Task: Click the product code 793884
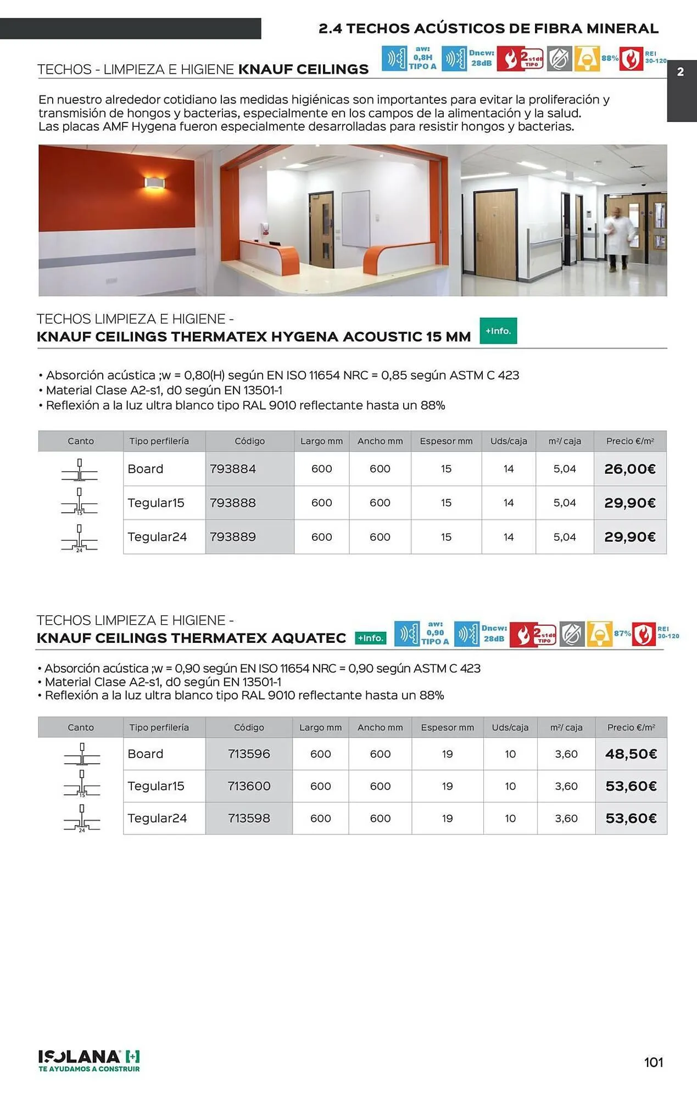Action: click(233, 469)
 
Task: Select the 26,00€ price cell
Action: click(630, 469)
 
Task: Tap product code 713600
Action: click(249, 786)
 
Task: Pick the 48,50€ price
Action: click(631, 754)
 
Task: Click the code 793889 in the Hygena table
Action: click(233, 537)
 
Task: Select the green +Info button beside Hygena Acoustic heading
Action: click(498, 331)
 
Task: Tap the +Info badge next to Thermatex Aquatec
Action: click(371, 638)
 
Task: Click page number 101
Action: click(654, 1062)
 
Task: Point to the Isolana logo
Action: click(89, 1061)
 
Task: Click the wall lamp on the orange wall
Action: click(154, 183)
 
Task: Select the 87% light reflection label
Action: click(622, 634)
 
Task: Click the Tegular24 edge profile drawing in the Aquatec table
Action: click(82, 819)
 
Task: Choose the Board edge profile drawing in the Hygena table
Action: click(80, 469)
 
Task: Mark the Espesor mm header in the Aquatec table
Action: click(447, 727)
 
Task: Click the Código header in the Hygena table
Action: click(249, 441)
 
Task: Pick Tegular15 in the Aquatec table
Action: click(156, 786)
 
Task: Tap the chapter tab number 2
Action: click(681, 72)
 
